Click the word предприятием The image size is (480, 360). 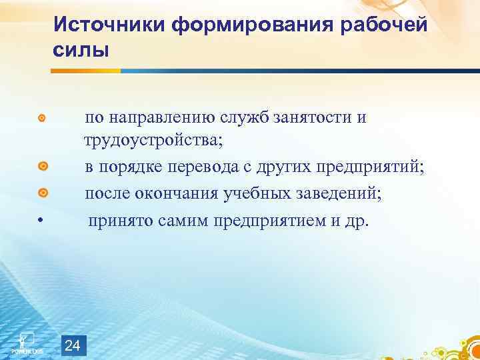tap(270, 219)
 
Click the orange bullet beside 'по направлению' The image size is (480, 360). tap(41, 119)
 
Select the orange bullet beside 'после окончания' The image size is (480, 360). tap(41, 193)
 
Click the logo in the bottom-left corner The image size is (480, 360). tap(27, 341)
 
